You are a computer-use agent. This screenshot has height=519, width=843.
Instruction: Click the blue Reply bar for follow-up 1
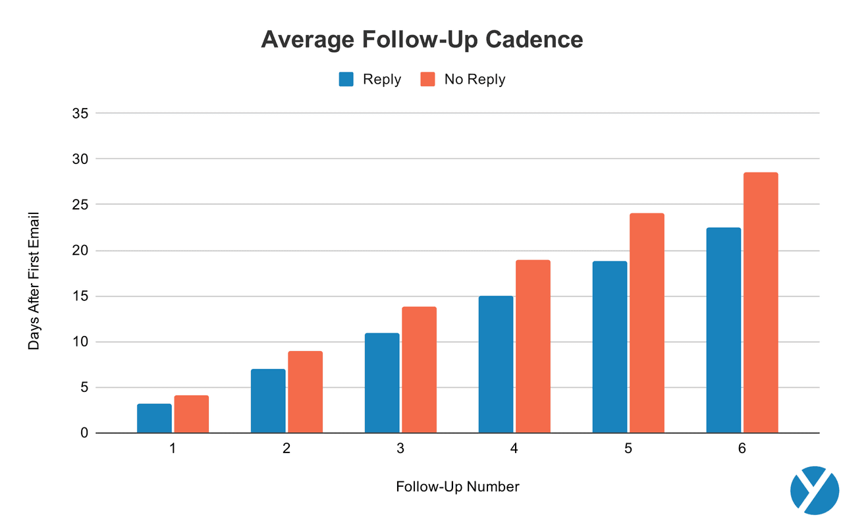(154, 418)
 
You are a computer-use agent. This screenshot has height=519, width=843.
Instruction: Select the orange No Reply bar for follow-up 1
(192, 414)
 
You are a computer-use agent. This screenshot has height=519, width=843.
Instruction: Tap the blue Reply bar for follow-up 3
(382, 383)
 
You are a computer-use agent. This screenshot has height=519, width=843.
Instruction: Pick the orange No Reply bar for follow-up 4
(533, 346)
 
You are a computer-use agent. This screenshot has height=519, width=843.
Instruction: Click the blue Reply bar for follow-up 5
(609, 347)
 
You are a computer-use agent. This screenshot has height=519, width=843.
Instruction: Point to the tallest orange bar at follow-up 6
(761, 303)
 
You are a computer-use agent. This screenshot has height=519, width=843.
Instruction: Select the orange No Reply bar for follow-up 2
(305, 392)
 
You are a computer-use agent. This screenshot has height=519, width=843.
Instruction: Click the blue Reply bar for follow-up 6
(723, 330)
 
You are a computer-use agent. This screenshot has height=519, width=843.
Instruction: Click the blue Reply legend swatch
(347, 79)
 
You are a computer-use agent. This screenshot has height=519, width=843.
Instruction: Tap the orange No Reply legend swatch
(428, 79)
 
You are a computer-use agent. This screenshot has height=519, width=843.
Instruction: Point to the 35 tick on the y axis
(80, 113)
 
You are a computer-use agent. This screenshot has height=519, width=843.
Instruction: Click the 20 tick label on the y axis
(80, 250)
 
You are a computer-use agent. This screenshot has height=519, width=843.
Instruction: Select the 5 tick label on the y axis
(84, 387)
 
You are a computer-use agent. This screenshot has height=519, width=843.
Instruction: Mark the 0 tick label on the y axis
(84, 433)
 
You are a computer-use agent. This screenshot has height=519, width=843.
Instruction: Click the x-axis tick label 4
(514, 449)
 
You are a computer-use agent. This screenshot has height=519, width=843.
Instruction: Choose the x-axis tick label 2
(286, 449)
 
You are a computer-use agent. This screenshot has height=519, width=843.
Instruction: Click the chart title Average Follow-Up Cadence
(421, 40)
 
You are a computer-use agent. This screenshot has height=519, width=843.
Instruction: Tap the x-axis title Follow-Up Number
(458, 487)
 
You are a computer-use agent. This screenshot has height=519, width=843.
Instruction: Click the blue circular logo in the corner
(814, 489)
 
